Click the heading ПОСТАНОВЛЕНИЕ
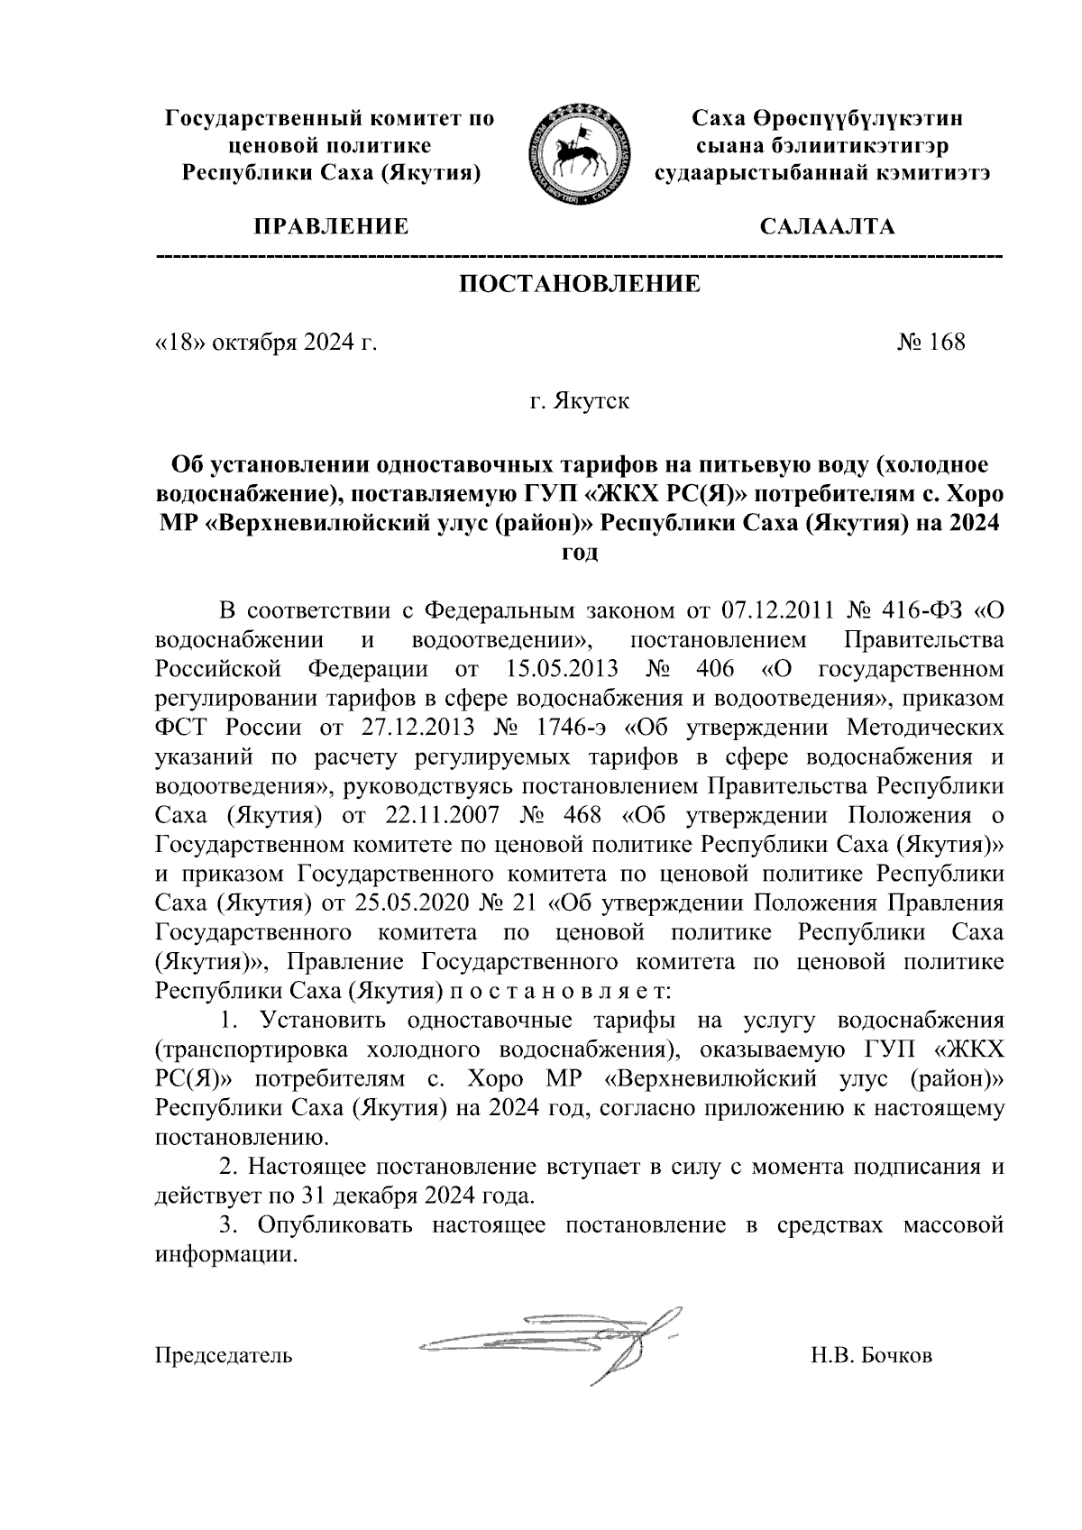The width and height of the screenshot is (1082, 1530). click(580, 284)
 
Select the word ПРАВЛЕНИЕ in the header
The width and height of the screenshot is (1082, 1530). click(329, 226)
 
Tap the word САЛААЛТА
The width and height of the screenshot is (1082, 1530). click(828, 226)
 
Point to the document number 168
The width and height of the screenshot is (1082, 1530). click(947, 343)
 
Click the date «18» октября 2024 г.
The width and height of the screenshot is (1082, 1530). click(265, 343)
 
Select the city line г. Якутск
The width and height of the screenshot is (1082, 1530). click(579, 400)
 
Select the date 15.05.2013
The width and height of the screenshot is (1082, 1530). click(556, 670)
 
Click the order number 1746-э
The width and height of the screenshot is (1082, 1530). click(569, 728)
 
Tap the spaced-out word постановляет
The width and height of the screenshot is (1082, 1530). click(555, 991)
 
